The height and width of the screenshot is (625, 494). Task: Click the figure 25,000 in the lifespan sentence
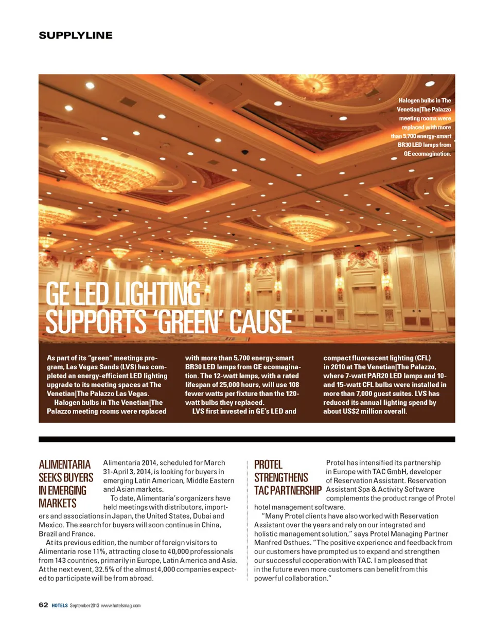point(233,384)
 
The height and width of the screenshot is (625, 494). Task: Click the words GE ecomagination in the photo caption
point(424,153)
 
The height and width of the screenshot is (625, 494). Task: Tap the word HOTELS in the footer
point(59,605)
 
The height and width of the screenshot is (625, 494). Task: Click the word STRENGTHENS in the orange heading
point(281,478)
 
